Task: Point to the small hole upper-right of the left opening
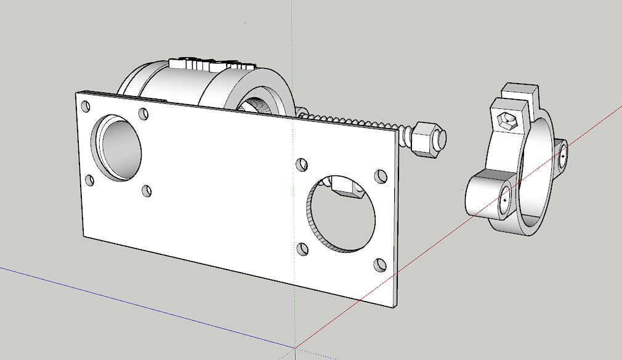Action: [143, 114]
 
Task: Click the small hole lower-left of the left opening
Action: [89, 181]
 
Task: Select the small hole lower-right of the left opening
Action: [147, 191]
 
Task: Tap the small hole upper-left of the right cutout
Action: [302, 165]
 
